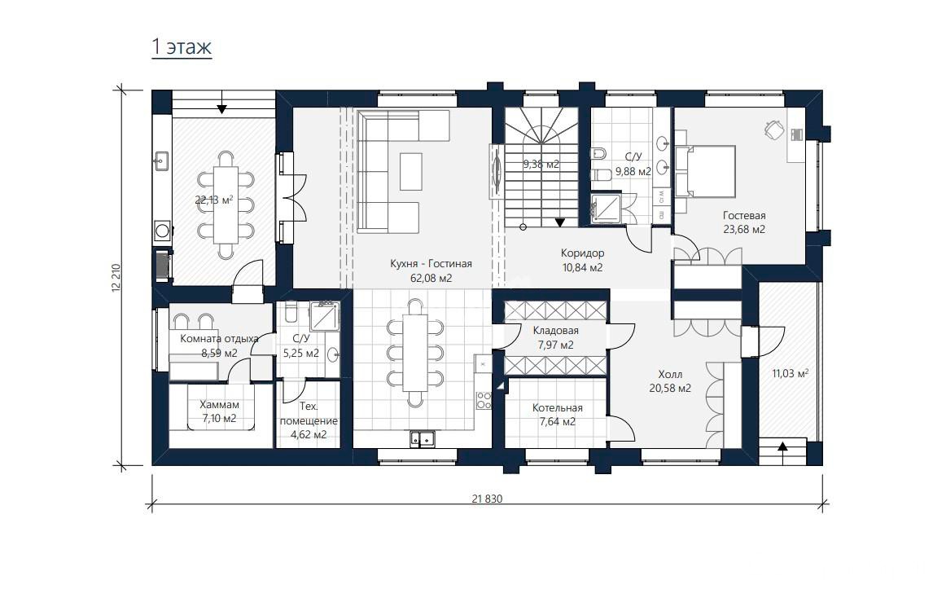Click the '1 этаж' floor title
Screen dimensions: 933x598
(x=182, y=46)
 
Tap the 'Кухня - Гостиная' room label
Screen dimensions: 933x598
(x=431, y=264)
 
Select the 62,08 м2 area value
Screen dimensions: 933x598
(x=431, y=278)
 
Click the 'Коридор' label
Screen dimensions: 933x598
(x=583, y=253)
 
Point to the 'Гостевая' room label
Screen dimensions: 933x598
(x=744, y=216)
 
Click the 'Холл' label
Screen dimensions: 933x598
(x=670, y=375)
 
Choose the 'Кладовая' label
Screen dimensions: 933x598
(x=555, y=331)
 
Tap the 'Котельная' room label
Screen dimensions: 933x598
(x=557, y=408)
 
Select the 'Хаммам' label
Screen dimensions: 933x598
(x=219, y=405)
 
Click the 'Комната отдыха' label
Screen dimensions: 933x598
(x=219, y=339)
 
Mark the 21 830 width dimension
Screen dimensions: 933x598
(x=487, y=499)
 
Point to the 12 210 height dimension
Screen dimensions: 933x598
(x=116, y=278)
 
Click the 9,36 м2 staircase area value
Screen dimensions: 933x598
(x=541, y=165)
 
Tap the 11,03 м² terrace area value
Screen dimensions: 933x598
(x=791, y=374)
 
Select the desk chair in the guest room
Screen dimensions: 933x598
(x=773, y=129)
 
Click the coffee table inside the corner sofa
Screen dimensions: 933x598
(x=411, y=172)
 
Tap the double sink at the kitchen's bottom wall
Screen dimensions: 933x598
(x=422, y=438)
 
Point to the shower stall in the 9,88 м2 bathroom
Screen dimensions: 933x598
(x=607, y=209)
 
